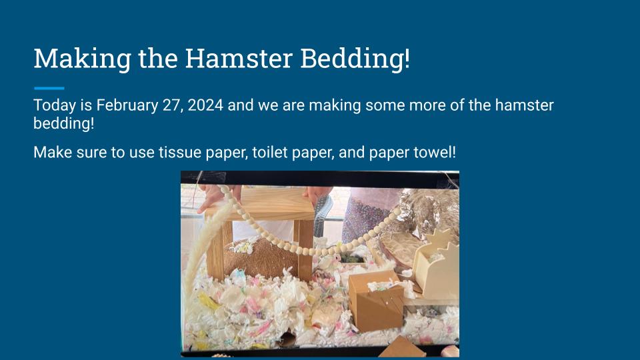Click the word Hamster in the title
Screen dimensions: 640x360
coord(239,59)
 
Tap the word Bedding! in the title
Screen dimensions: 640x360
coord(355,59)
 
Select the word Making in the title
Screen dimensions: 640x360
coord(83,59)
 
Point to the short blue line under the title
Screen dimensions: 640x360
coord(49,88)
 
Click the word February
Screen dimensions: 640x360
coord(127,105)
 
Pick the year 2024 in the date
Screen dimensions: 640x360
coord(205,105)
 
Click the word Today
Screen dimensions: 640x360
coord(55,105)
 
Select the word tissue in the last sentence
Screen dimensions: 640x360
coord(179,152)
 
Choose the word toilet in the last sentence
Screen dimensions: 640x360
coord(269,152)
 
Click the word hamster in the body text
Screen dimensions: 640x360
coord(524,105)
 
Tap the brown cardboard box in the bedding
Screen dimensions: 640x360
coord(376,302)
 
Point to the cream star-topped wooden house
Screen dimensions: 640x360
coord(437,265)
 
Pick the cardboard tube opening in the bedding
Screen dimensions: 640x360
coord(287,339)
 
